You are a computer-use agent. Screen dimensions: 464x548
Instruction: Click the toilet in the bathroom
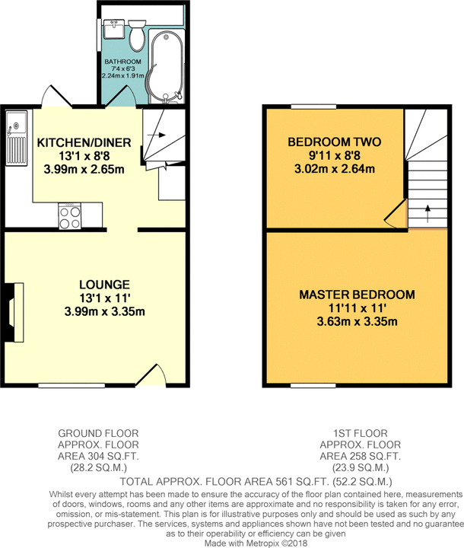tap(137, 35)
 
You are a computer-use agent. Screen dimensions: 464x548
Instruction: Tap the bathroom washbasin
tap(114, 28)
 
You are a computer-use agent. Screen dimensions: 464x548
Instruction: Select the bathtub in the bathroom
tap(166, 66)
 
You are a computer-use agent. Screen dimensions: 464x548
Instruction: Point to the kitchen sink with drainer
tap(17, 138)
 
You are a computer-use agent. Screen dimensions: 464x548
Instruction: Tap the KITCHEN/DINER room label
tap(84, 142)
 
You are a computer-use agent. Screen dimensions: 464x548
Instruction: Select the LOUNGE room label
tap(104, 285)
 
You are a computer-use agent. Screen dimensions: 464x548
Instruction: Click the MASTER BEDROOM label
tap(357, 295)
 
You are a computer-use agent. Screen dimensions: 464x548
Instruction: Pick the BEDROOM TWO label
tap(335, 142)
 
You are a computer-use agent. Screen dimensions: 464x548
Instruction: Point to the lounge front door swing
tap(151, 375)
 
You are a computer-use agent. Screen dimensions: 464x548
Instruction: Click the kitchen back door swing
tap(56, 95)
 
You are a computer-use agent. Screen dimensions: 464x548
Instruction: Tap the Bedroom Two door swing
tap(396, 213)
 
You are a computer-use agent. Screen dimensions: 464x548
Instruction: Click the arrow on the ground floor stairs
tap(157, 135)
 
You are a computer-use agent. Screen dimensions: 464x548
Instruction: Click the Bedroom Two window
tap(313, 107)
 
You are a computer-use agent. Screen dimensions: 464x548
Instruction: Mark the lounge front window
tap(72, 385)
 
